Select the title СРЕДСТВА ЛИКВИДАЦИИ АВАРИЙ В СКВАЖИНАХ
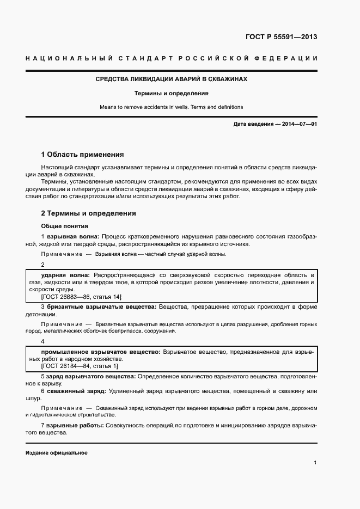click(171, 79)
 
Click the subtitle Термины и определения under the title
click(171, 93)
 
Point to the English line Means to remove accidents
click(171, 107)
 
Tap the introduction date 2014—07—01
click(298, 124)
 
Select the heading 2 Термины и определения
click(88, 213)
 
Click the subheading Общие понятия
click(64, 226)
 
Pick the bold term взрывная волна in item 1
click(72, 237)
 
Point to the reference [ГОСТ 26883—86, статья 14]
click(81, 297)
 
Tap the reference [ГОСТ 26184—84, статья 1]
click(79, 366)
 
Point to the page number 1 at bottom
click(315, 463)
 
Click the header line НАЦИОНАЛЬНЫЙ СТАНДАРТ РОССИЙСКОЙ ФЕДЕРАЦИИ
click(171, 58)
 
